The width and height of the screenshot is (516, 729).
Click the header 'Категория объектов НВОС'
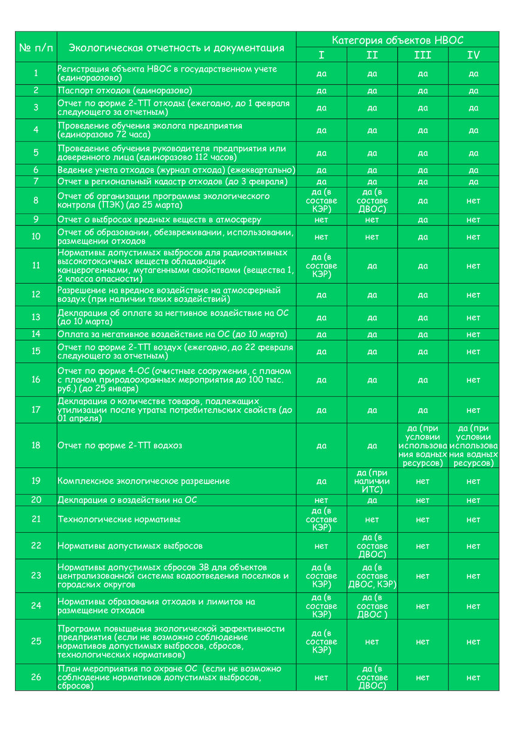tap(397, 40)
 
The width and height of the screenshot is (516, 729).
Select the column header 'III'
tap(422, 55)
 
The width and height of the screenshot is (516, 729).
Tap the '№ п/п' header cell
tap(36, 47)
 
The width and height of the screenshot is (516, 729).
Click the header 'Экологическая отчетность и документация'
tap(176, 47)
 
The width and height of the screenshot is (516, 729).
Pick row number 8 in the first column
tap(36, 200)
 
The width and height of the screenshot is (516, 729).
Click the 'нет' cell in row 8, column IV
tap(473, 200)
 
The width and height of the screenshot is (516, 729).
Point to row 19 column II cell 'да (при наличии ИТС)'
tap(372, 481)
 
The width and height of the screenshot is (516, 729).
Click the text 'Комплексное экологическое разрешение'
tap(143, 481)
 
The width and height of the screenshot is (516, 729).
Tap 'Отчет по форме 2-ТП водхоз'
tap(120, 445)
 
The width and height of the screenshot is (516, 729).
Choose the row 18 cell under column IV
tap(473, 445)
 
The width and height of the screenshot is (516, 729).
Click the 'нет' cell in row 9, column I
tap(322, 219)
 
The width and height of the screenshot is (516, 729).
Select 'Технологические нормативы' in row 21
tap(119, 519)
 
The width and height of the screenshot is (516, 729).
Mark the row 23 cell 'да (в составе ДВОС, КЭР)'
tap(372, 576)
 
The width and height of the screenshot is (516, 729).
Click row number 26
tap(36, 677)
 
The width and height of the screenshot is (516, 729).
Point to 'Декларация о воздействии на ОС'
tap(127, 500)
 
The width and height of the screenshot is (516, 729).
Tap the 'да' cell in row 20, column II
tap(372, 500)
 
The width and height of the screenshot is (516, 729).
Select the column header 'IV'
tap(473, 55)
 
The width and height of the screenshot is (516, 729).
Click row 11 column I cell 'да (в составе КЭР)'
tap(322, 265)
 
